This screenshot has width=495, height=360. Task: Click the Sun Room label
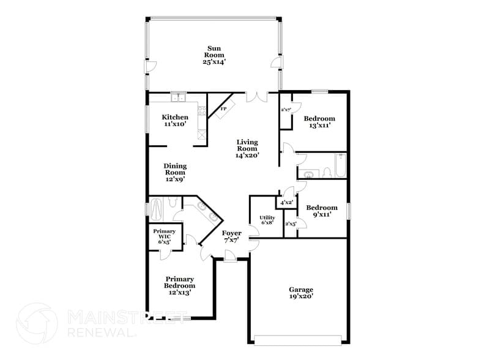coord(214,55)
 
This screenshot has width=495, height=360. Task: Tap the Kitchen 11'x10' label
coord(174,120)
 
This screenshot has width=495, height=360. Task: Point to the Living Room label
coord(247,149)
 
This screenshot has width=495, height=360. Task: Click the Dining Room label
coord(174,173)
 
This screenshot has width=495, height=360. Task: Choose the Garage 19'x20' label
coord(301,293)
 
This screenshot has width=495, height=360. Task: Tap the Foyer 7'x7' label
coord(231,236)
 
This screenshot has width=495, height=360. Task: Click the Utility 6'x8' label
coord(267,220)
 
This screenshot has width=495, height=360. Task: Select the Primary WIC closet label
coord(164,236)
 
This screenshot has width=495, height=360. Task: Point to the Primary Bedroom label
coord(179,285)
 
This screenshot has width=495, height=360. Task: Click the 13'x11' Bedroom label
coord(319,121)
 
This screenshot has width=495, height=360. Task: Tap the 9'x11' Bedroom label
coord(321,211)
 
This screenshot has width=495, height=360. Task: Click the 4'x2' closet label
coord(286,202)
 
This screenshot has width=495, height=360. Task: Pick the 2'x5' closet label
coord(290,223)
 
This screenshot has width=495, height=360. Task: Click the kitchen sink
coord(179,96)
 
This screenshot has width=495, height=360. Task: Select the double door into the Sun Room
coord(256,97)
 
